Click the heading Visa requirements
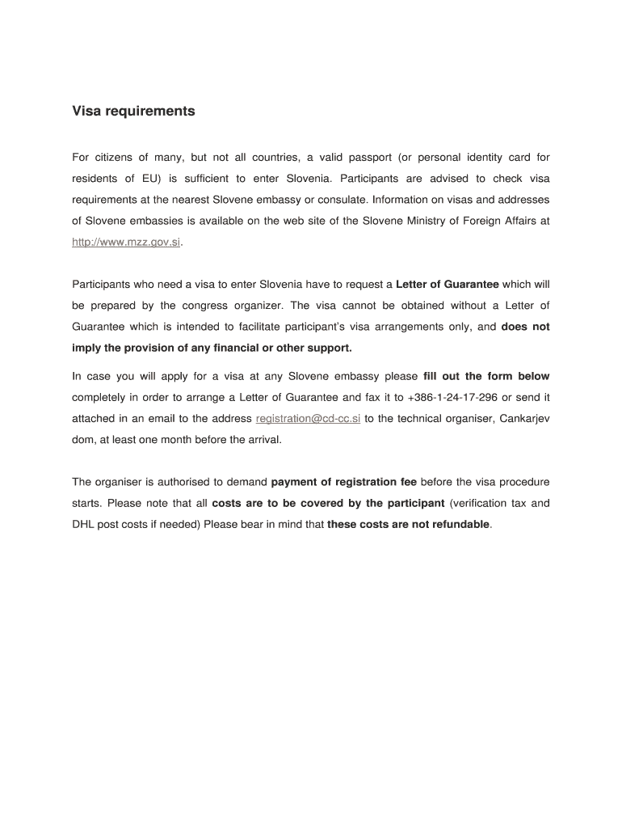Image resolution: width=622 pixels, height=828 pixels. [x=133, y=112]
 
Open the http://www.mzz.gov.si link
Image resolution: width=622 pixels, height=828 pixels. [x=126, y=242]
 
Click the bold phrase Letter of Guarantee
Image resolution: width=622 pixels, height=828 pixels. [x=448, y=284]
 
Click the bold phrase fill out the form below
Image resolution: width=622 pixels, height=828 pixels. [x=486, y=376]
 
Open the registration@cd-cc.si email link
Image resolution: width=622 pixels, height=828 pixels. [x=308, y=418]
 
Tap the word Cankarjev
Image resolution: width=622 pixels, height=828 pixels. [x=525, y=418]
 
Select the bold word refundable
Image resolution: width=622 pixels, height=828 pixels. [x=459, y=524]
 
